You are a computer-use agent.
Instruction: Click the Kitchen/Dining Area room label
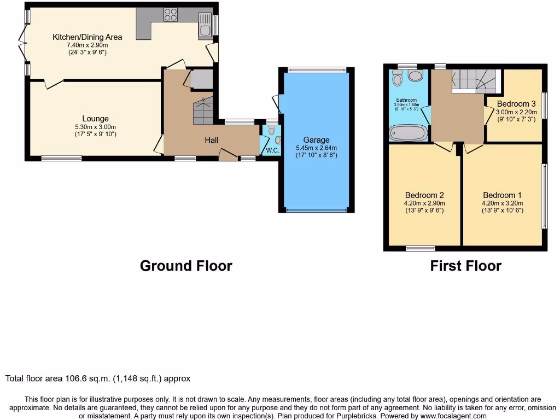coord(87,37)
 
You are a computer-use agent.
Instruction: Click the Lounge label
coord(95,119)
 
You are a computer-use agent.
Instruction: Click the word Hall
coord(212,141)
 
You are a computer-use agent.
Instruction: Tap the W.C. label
coord(272,151)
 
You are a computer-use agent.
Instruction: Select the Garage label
coord(316,140)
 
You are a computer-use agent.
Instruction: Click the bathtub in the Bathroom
coord(408,132)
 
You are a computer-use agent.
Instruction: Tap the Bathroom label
coord(406,100)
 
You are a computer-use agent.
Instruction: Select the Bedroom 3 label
coord(516,104)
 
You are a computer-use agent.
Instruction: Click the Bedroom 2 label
coord(424,195)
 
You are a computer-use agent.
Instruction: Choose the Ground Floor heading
coord(186,266)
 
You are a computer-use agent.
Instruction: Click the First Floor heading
coord(465,266)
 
